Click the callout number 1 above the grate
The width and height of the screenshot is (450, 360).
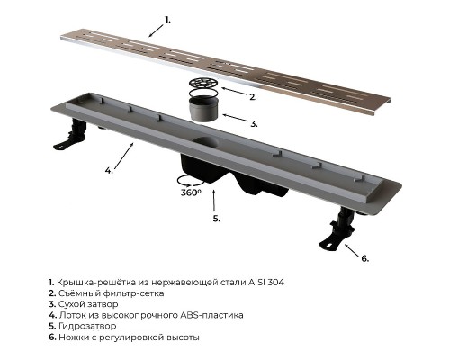tap(167, 20)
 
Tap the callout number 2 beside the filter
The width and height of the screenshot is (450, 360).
tap(253, 97)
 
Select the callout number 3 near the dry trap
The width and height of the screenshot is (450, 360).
tap(254, 123)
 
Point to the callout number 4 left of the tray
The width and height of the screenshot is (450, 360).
tap(109, 170)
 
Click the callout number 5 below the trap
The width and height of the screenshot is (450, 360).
tap(216, 219)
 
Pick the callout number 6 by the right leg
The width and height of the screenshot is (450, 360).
tap(364, 258)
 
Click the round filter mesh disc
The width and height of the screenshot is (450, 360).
tap(204, 83)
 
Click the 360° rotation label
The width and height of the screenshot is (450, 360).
tap(191, 193)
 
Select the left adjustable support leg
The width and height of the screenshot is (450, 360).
tap(71, 134)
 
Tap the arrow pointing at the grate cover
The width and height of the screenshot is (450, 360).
tap(157, 31)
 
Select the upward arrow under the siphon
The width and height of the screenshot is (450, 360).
tap(214, 201)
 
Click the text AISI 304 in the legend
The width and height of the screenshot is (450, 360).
tap(266, 283)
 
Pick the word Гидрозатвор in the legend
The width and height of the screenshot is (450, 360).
tap(87, 326)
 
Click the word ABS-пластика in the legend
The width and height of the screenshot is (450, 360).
tap(211, 315)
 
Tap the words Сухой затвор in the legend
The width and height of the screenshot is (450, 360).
tap(88, 304)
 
